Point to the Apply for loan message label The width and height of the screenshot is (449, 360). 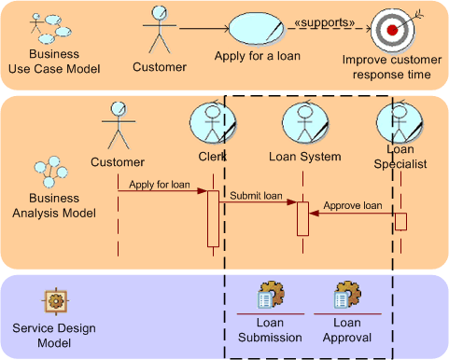coord(160,185)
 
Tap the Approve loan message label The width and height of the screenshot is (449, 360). coord(352,205)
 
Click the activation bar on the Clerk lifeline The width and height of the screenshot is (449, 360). coord(213,218)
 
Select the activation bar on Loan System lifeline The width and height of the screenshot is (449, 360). coord(302,218)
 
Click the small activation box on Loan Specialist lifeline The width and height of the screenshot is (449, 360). coord(400,221)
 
